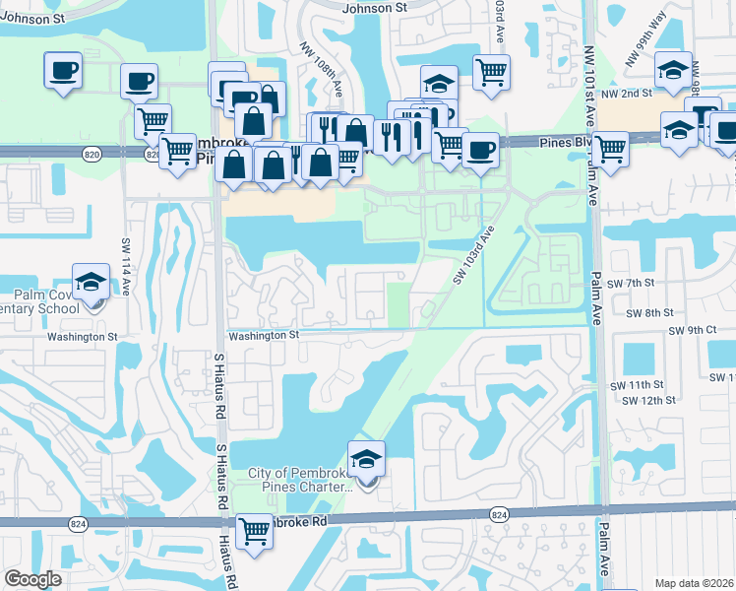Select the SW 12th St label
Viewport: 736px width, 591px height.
point(647,400)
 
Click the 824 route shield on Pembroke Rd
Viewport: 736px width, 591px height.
point(499,514)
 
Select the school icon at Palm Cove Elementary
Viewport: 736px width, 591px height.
point(91,281)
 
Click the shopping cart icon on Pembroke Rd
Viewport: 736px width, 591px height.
point(255,531)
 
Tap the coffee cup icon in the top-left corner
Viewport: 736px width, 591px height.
point(63,71)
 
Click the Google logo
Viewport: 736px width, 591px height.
point(32,579)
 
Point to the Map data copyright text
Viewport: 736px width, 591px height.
point(695,583)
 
